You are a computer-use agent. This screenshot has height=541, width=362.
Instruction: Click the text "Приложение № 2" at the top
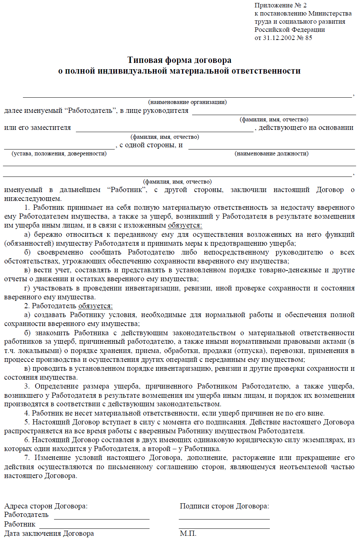pyautogui.click(x=280, y=6)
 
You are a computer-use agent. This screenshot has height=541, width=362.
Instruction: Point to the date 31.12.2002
pyautogui.click(x=279, y=38)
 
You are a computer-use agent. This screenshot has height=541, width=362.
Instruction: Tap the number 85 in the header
pyautogui.click(x=309, y=38)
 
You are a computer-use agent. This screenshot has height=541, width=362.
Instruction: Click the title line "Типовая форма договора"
pyautogui.click(x=180, y=60)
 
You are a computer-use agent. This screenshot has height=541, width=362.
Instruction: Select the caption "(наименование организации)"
pyautogui.click(x=187, y=102)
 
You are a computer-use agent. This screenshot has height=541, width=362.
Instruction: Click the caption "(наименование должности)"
pyautogui.click(x=271, y=154)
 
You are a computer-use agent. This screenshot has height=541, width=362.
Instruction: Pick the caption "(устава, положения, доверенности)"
pyautogui.click(x=59, y=154)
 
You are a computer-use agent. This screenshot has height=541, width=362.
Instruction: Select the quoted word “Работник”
pyautogui.click(x=127, y=190)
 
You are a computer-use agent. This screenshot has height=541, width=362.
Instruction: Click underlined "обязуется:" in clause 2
pyautogui.click(x=95, y=306)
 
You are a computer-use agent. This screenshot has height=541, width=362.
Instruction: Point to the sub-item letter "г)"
pyautogui.click(x=27, y=288)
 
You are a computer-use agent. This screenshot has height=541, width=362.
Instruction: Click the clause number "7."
pyautogui.click(x=27, y=458)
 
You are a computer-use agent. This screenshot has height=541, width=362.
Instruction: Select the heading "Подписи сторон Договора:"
pyautogui.click(x=224, y=506)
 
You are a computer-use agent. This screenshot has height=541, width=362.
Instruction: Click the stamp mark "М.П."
pyautogui.click(x=188, y=533)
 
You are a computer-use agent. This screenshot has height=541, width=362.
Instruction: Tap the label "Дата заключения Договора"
pyautogui.click(x=49, y=533)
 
